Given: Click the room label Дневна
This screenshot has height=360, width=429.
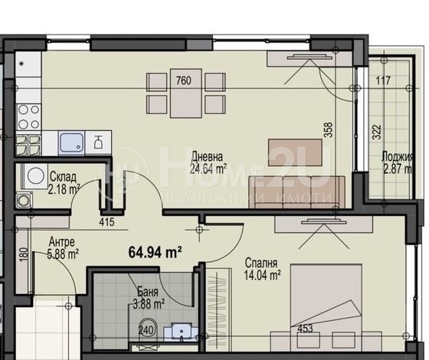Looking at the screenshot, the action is (x=207, y=157).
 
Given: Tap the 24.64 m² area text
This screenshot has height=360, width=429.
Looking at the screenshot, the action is (x=208, y=169).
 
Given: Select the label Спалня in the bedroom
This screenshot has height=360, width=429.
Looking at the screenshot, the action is (x=261, y=263).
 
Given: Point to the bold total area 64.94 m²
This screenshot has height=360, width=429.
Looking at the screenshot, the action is (x=155, y=252).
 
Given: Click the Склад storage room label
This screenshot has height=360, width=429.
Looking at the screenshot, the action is (x=63, y=177).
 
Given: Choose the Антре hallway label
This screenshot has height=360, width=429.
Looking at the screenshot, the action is (x=61, y=242).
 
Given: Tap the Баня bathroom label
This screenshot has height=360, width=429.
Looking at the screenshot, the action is (x=148, y=292).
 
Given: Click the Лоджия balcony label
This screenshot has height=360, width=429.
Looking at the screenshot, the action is (x=398, y=157).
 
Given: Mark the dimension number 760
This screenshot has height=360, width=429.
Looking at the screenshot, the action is (x=184, y=80).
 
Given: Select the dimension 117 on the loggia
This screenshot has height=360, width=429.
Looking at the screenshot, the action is (x=383, y=80).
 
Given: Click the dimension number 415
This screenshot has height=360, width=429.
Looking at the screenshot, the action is (x=106, y=222).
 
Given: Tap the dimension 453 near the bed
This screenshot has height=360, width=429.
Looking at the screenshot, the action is (x=305, y=329).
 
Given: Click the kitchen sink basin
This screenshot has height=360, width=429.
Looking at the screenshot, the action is (x=71, y=142).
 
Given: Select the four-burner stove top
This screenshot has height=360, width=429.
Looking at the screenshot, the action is (x=28, y=116).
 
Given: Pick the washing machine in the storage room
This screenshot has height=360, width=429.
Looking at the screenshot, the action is (x=35, y=176).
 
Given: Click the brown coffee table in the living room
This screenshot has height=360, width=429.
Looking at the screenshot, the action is (x=295, y=152).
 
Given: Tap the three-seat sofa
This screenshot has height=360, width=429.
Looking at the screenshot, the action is (x=297, y=192).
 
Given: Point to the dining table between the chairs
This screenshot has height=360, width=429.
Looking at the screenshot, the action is (x=186, y=93).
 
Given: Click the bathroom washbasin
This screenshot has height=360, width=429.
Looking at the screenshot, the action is (x=181, y=332).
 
